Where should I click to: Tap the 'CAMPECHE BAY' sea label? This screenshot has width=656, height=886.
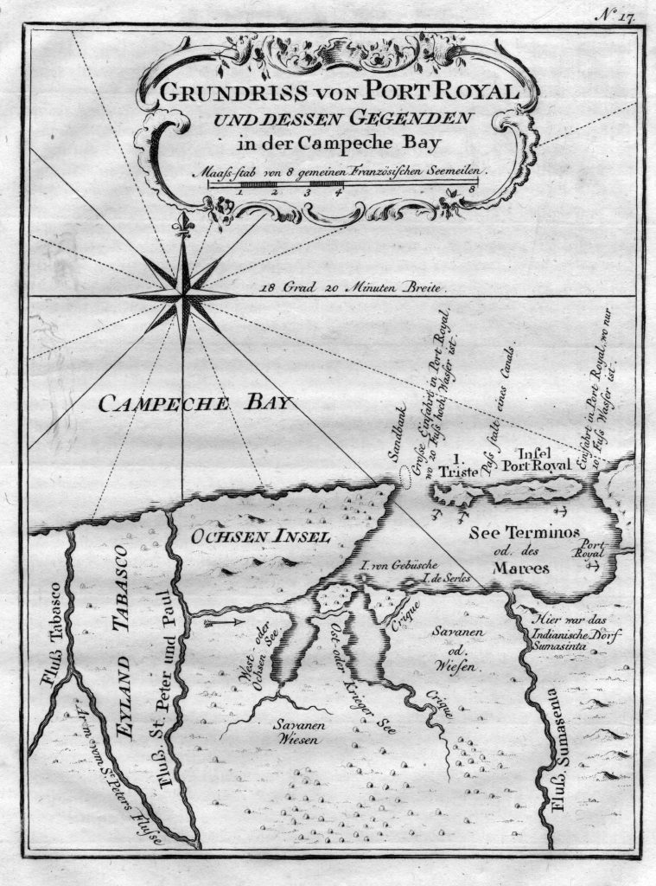195,403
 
